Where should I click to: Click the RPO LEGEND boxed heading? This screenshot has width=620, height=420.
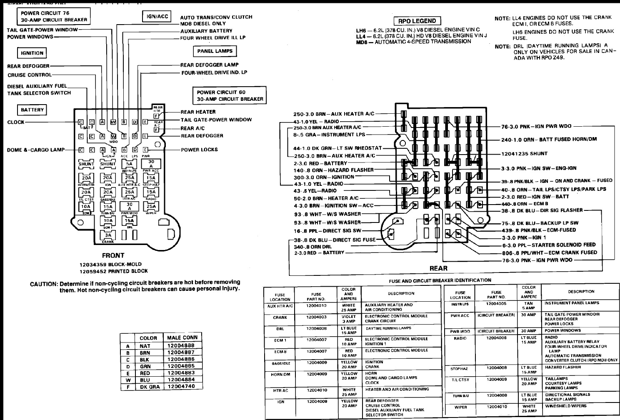(x=417, y=21)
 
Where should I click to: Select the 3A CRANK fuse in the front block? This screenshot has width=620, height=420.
(x=108, y=235)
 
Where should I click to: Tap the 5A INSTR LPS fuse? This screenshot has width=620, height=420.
(x=130, y=165)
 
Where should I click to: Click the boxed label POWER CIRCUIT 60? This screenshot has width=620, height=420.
(x=230, y=95)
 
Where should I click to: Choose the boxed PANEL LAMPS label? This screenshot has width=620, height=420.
(x=215, y=51)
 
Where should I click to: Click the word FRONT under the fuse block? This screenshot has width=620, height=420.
(x=113, y=255)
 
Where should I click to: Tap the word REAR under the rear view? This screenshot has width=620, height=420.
(x=438, y=268)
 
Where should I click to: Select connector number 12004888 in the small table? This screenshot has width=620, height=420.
(x=181, y=345)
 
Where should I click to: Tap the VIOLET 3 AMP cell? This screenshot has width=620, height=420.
(x=348, y=319)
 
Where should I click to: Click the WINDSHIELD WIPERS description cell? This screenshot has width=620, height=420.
(x=565, y=405)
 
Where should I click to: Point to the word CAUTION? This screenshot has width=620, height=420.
(x=43, y=284)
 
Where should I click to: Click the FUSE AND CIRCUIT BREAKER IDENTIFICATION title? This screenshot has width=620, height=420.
(x=440, y=280)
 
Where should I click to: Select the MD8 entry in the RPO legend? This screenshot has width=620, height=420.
(x=361, y=42)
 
